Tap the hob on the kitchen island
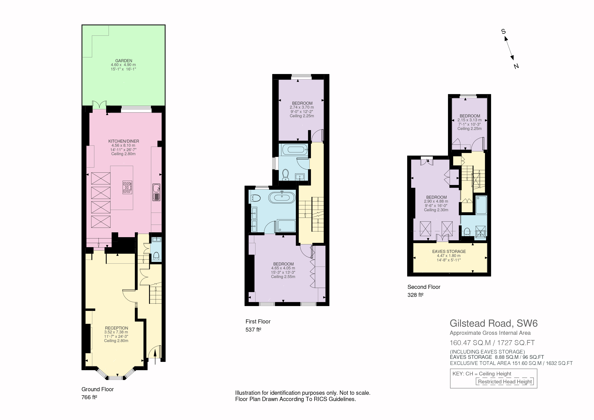[127, 187]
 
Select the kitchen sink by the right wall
[156, 192]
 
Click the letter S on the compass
[503, 32]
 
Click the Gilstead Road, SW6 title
[494, 323]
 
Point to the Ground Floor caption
[98, 389]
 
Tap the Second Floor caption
[424, 287]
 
